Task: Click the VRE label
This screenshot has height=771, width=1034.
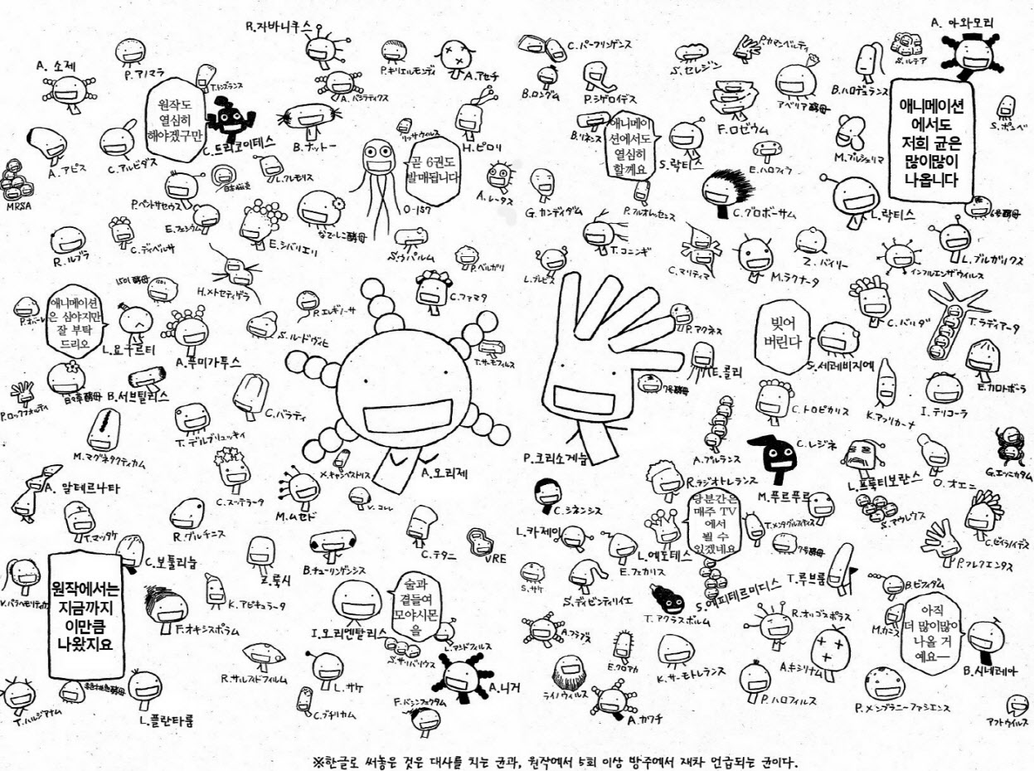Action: click(496, 558)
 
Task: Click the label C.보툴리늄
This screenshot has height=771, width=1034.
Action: click(171, 561)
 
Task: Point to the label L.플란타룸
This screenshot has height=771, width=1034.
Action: click(167, 720)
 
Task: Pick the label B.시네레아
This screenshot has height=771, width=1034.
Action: click(989, 671)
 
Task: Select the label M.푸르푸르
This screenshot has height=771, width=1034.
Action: click(785, 497)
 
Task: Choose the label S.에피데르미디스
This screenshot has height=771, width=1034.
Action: click(745, 584)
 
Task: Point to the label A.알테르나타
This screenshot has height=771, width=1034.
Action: click(82, 487)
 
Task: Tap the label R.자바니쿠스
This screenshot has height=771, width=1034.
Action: click(278, 26)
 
